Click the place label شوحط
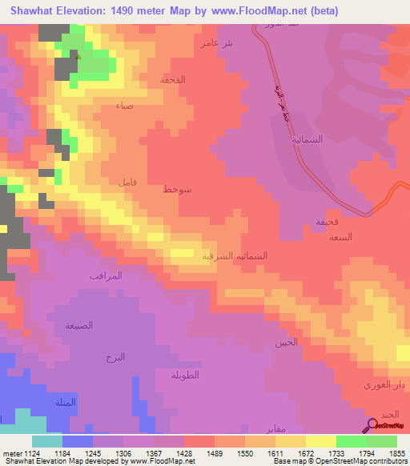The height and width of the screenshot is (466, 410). point(177,189)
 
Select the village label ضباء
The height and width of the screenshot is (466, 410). point(124,106)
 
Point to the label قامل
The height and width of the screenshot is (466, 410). point(127,183)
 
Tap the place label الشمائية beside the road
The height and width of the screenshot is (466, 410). point(308,138)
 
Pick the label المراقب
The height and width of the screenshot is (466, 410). point(105,275)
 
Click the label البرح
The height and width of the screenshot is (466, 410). point(115,356)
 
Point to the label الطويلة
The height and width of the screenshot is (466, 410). point(185,374)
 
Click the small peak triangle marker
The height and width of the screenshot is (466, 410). point(78,56)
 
